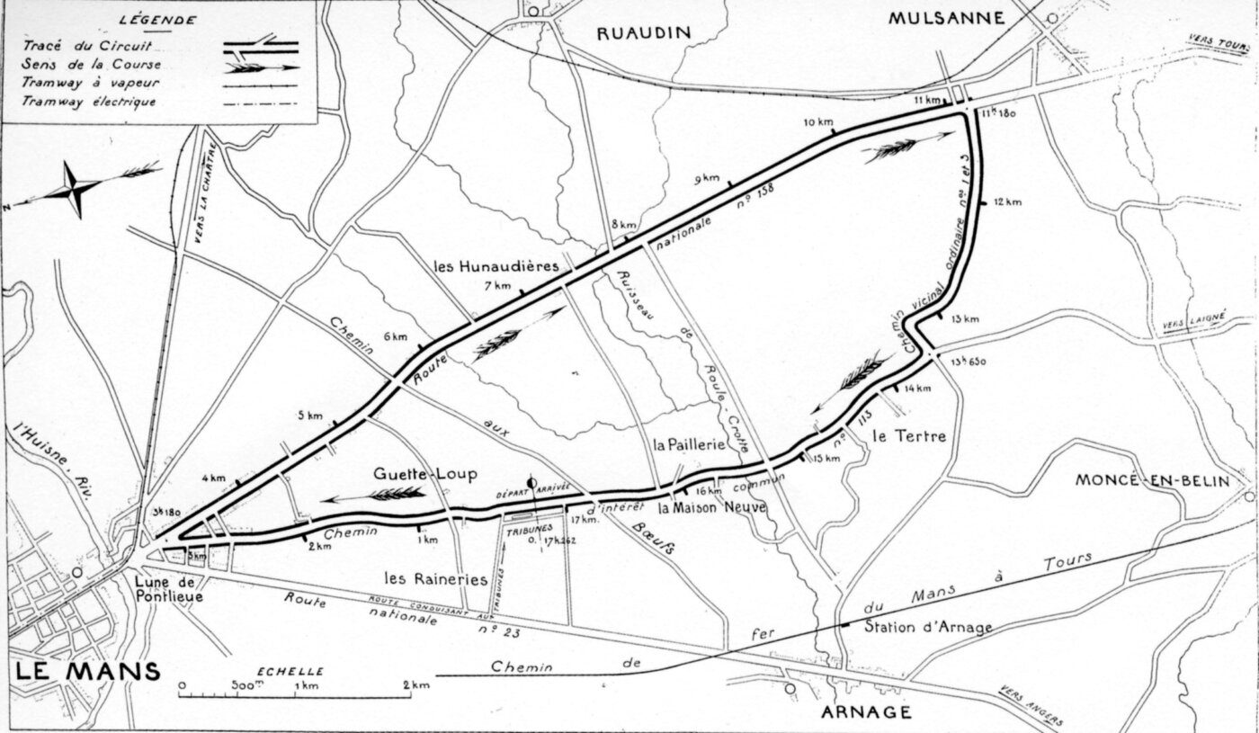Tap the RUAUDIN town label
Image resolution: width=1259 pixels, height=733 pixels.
[644, 32]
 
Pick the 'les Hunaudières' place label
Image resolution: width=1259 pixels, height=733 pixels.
[496, 266]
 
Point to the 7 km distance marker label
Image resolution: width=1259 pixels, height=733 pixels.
[496, 286]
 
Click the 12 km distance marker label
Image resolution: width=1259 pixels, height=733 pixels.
[1008, 201]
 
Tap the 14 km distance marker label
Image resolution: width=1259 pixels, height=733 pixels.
[917, 388]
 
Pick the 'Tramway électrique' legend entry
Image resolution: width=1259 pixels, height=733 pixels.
[90, 102]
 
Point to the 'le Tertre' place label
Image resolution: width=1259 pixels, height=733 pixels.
[909, 437]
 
